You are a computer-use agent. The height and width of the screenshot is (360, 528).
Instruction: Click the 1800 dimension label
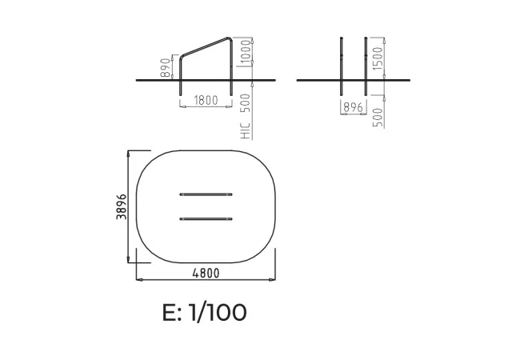pyautogui.click(x=206, y=100)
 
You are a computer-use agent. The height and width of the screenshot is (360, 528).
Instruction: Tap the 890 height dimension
pyautogui.click(x=166, y=67)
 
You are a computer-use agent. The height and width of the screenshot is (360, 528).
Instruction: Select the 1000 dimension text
pyautogui.click(x=247, y=51)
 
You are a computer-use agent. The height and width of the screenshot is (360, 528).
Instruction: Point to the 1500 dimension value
pyautogui.click(x=378, y=58)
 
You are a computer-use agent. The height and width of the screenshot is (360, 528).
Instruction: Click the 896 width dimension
pyautogui.click(x=354, y=107)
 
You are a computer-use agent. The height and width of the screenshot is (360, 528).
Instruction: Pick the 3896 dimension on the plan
pyautogui.click(x=122, y=206)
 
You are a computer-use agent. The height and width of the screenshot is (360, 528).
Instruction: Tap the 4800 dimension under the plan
pyautogui.click(x=206, y=273)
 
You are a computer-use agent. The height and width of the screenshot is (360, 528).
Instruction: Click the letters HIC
pyautogui.click(x=246, y=130)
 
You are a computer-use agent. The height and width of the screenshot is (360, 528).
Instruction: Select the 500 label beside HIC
pyautogui.click(x=246, y=102)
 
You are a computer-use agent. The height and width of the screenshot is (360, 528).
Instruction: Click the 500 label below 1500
pyautogui.click(x=378, y=117)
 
